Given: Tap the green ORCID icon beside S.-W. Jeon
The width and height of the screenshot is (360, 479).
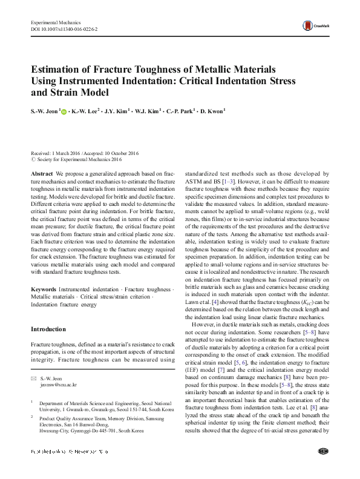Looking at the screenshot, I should click(65, 112).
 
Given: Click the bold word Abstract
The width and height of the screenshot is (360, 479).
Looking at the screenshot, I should click(42, 173).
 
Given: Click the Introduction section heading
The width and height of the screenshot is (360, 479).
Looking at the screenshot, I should click(48, 329).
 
